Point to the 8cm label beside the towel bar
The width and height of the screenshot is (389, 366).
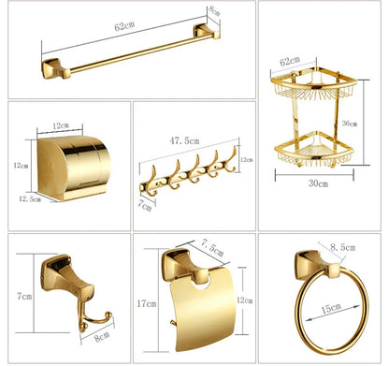240,12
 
